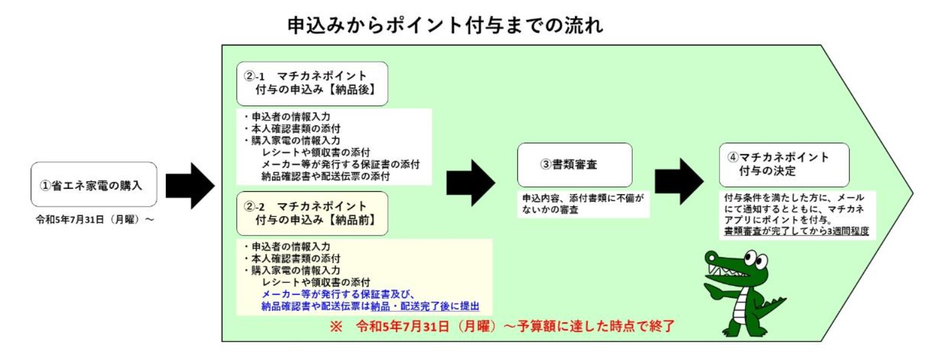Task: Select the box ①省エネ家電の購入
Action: point(94,185)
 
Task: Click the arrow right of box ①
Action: point(190,186)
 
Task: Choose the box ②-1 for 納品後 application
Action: point(312,84)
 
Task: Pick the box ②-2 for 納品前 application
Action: point(312,214)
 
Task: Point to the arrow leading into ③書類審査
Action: point(471,183)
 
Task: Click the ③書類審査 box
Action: point(574,165)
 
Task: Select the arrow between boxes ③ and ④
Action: point(679,182)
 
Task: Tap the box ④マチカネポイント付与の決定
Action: point(784,165)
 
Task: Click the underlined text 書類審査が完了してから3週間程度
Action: point(797,231)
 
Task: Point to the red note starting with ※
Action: point(502,326)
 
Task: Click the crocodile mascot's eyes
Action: point(755,259)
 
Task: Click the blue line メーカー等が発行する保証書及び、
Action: point(338,294)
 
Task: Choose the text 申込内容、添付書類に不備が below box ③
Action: point(583,198)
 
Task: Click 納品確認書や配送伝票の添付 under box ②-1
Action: point(325,177)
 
